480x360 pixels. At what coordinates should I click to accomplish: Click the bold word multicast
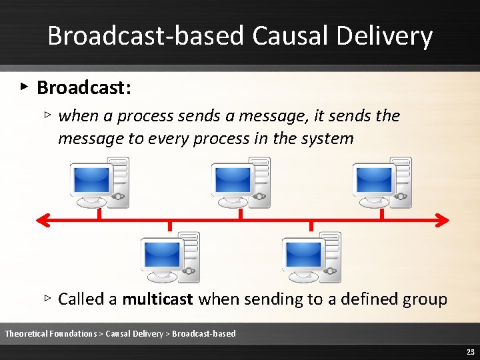pyautogui.click(x=158, y=299)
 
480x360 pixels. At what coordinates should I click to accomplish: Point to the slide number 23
pyautogui.click(x=470, y=352)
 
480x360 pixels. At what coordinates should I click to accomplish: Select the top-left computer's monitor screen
pyautogui.click(x=91, y=179)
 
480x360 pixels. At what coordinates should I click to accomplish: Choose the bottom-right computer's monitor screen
pyautogui.click(x=303, y=254)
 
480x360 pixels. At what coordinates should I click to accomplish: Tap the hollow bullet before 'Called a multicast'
pyautogui.click(x=47, y=298)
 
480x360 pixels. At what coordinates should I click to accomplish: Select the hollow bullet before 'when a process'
pyautogui.click(x=47, y=115)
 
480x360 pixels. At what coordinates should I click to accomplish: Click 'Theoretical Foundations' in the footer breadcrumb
pyautogui.click(x=51, y=333)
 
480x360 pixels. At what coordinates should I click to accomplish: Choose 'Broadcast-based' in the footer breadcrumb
pyautogui.click(x=204, y=333)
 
